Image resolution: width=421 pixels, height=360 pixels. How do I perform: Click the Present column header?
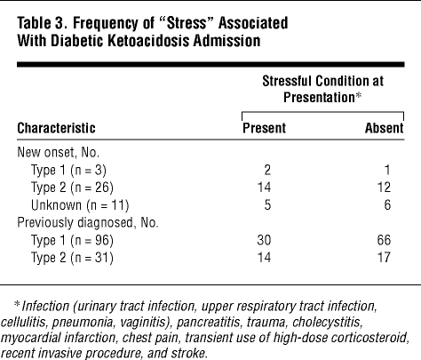click(x=264, y=128)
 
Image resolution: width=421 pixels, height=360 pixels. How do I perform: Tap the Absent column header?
click(x=385, y=128)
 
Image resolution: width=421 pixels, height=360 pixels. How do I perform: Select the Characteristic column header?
click(x=56, y=128)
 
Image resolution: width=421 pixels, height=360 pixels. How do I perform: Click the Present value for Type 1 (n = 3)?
click(x=267, y=170)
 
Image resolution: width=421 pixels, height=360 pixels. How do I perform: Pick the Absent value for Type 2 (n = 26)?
click(x=384, y=188)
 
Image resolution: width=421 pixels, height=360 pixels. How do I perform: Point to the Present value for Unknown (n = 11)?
click(x=267, y=205)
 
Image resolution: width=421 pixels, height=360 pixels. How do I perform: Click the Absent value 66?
click(x=384, y=240)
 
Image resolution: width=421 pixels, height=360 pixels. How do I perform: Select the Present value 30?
click(x=264, y=240)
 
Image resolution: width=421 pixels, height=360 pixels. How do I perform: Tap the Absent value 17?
click(x=384, y=257)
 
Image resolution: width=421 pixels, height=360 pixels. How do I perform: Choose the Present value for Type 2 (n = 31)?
click(x=264, y=257)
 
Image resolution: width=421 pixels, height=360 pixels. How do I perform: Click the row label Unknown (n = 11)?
click(x=80, y=205)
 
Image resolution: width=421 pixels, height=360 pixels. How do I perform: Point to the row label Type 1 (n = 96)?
click(x=72, y=241)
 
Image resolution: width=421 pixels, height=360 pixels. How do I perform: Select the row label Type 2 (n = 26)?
click(x=72, y=188)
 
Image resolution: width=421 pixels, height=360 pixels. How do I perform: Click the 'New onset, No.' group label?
click(x=59, y=152)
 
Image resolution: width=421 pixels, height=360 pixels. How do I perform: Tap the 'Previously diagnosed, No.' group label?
click(x=88, y=223)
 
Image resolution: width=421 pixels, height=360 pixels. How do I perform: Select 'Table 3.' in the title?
click(x=42, y=23)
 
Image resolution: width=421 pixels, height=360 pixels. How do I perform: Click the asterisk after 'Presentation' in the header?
click(x=359, y=96)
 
